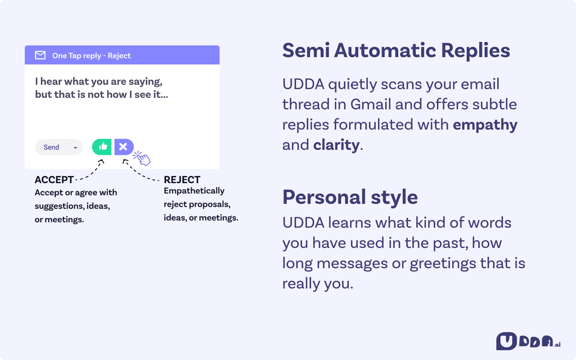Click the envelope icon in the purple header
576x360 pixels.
coord(40,55)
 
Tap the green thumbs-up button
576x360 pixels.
coord(102,147)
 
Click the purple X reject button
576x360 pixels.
coord(123,147)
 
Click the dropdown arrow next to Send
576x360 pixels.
coord(75,148)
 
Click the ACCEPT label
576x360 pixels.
coord(54,180)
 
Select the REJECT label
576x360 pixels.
coord(182,180)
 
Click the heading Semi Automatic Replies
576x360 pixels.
coord(396,50)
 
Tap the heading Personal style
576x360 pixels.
coord(350,197)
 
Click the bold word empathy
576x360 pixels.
coord(485,125)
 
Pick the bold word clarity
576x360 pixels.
coord(336,145)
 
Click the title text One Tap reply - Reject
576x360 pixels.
coord(91,56)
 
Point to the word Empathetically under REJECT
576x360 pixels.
coord(194,191)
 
